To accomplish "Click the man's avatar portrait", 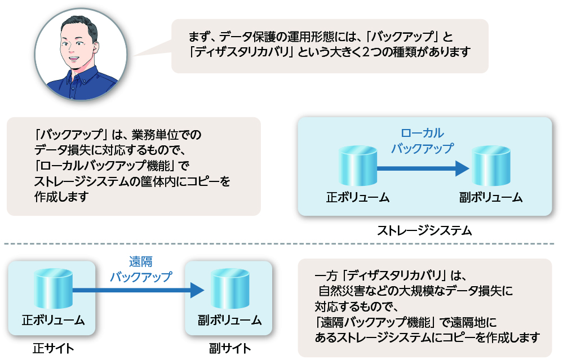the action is click(81, 54).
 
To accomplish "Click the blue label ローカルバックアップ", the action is click(422, 141).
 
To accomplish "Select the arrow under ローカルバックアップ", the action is click(423, 168).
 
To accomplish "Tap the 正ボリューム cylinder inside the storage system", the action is click(358, 166).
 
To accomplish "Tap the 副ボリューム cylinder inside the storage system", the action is click(491, 166).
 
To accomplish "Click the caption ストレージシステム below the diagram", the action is click(424, 230).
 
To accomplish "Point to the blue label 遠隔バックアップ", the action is click(141, 269).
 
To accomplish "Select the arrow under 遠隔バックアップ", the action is click(138, 290).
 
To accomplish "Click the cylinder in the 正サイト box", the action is click(53, 288).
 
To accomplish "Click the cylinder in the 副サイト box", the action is click(230, 288).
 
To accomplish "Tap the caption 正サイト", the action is click(53, 348).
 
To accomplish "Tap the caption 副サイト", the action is click(230, 348).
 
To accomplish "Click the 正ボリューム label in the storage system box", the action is click(358, 197).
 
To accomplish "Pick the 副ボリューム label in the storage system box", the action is click(491, 197).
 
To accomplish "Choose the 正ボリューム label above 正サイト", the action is click(53, 320).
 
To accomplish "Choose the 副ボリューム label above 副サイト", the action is click(230, 320).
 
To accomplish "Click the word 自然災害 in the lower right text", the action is click(342, 291).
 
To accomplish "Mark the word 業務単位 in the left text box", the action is click(155, 135).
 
